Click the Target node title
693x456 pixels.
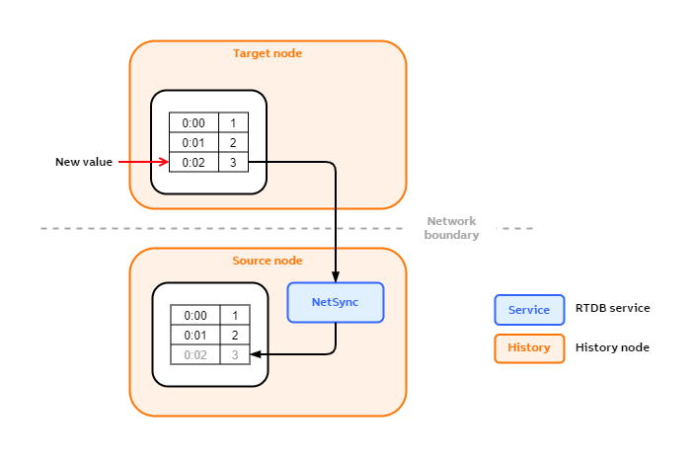coord(267,53)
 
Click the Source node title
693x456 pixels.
coord(267,261)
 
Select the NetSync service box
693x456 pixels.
coord(335,302)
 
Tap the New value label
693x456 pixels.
coord(84,162)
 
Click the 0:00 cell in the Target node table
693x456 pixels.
coord(193,123)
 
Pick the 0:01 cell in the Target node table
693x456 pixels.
coord(193,143)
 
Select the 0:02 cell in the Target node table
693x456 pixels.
coord(193,163)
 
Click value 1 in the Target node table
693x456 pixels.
coord(233,123)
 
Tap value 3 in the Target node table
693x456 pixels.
coord(233,163)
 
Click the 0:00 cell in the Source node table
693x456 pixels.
coord(195,316)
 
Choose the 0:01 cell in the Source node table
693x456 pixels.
coord(195,336)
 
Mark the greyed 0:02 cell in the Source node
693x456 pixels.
coord(195,354)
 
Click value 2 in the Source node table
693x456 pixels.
coord(235,336)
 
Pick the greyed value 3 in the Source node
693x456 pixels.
coord(235,354)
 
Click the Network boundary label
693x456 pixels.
coord(451,228)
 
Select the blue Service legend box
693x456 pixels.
coord(529,310)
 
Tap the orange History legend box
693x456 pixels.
coord(529,347)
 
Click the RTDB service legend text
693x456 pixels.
coord(612,308)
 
